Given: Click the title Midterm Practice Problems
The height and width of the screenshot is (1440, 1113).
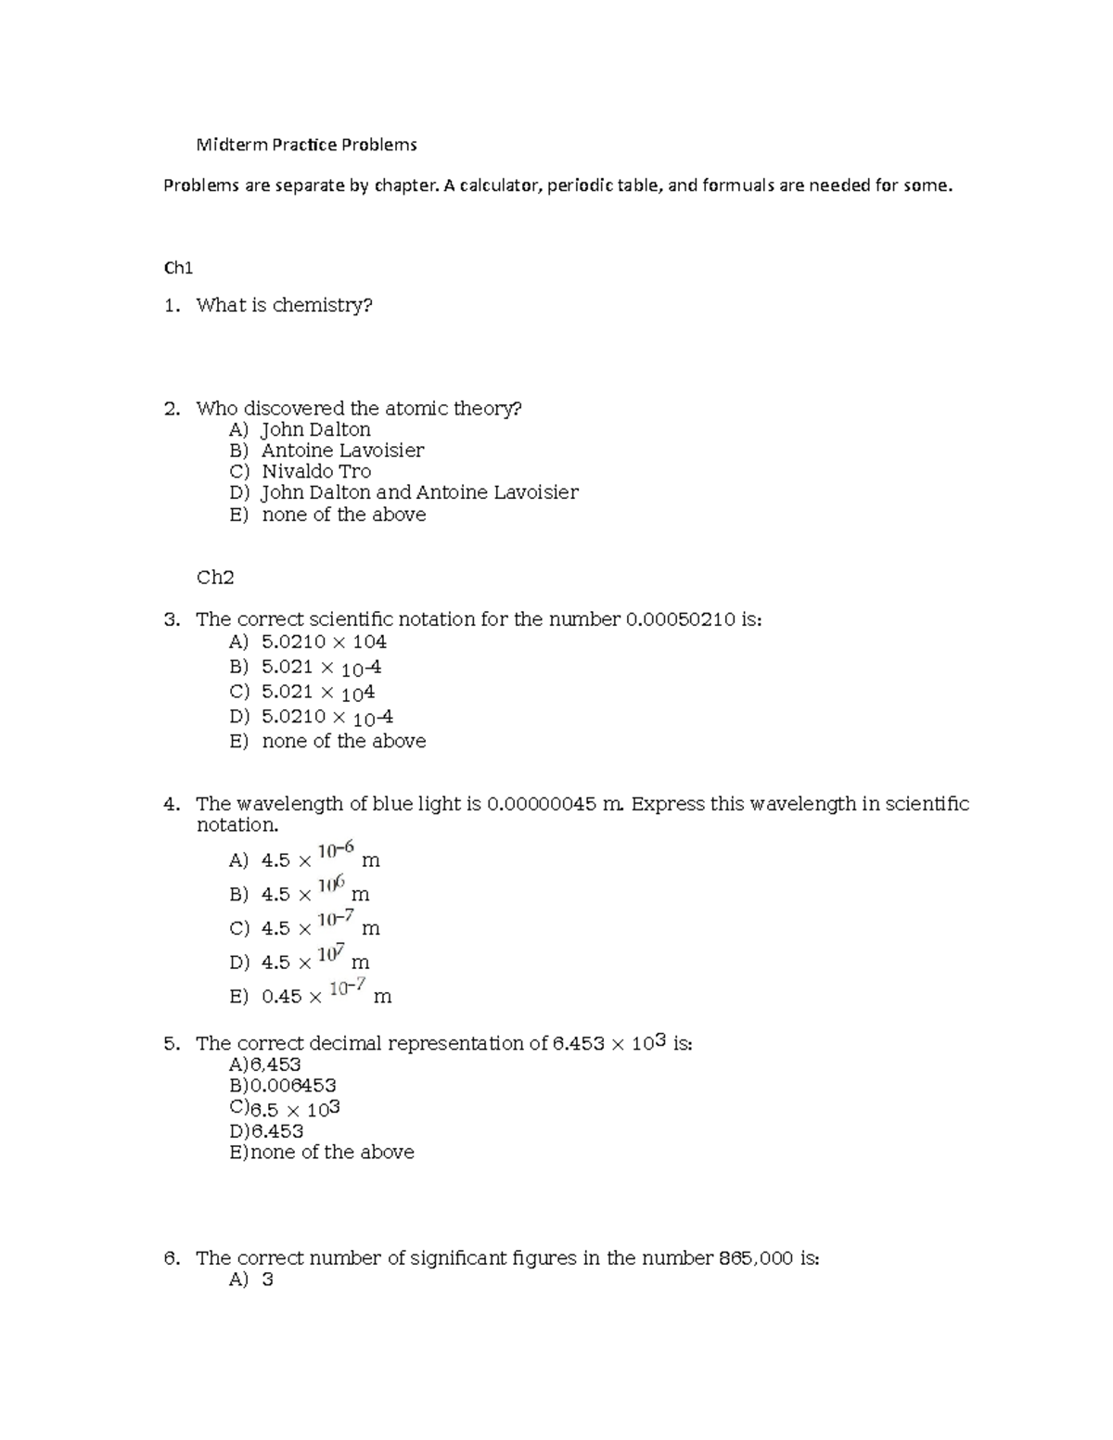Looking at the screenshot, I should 306,145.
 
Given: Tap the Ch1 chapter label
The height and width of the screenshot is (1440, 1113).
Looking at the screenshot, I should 177,268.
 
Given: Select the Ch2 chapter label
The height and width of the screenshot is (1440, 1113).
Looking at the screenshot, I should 215,578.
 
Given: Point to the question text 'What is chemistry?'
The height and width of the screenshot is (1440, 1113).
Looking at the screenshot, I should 284,305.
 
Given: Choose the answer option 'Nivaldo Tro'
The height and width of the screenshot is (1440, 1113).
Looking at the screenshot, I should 316,471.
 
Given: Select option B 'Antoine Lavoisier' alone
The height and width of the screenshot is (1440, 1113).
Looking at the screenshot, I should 342,451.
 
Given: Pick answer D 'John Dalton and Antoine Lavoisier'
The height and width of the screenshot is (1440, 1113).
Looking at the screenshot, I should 419,492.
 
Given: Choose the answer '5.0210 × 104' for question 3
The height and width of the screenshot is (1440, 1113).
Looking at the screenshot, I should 324,642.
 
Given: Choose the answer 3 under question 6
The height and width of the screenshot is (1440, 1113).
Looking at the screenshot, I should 267,1281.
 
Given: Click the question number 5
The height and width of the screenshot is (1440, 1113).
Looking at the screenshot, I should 171,1044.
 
